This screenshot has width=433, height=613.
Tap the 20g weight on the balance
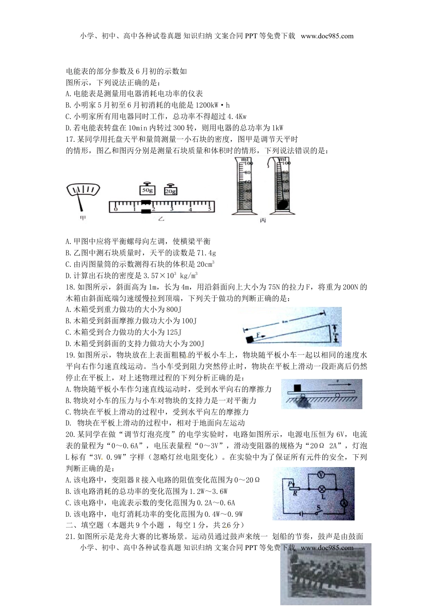click(170, 191)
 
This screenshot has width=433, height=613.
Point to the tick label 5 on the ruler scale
click(210, 209)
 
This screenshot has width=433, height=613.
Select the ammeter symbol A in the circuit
click(345, 502)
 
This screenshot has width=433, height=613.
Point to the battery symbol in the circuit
click(299, 512)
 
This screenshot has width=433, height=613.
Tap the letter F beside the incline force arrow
click(258, 334)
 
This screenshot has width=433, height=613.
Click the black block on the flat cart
click(298, 388)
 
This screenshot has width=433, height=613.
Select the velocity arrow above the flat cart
click(338, 384)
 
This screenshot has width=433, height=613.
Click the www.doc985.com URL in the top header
click(327, 36)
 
